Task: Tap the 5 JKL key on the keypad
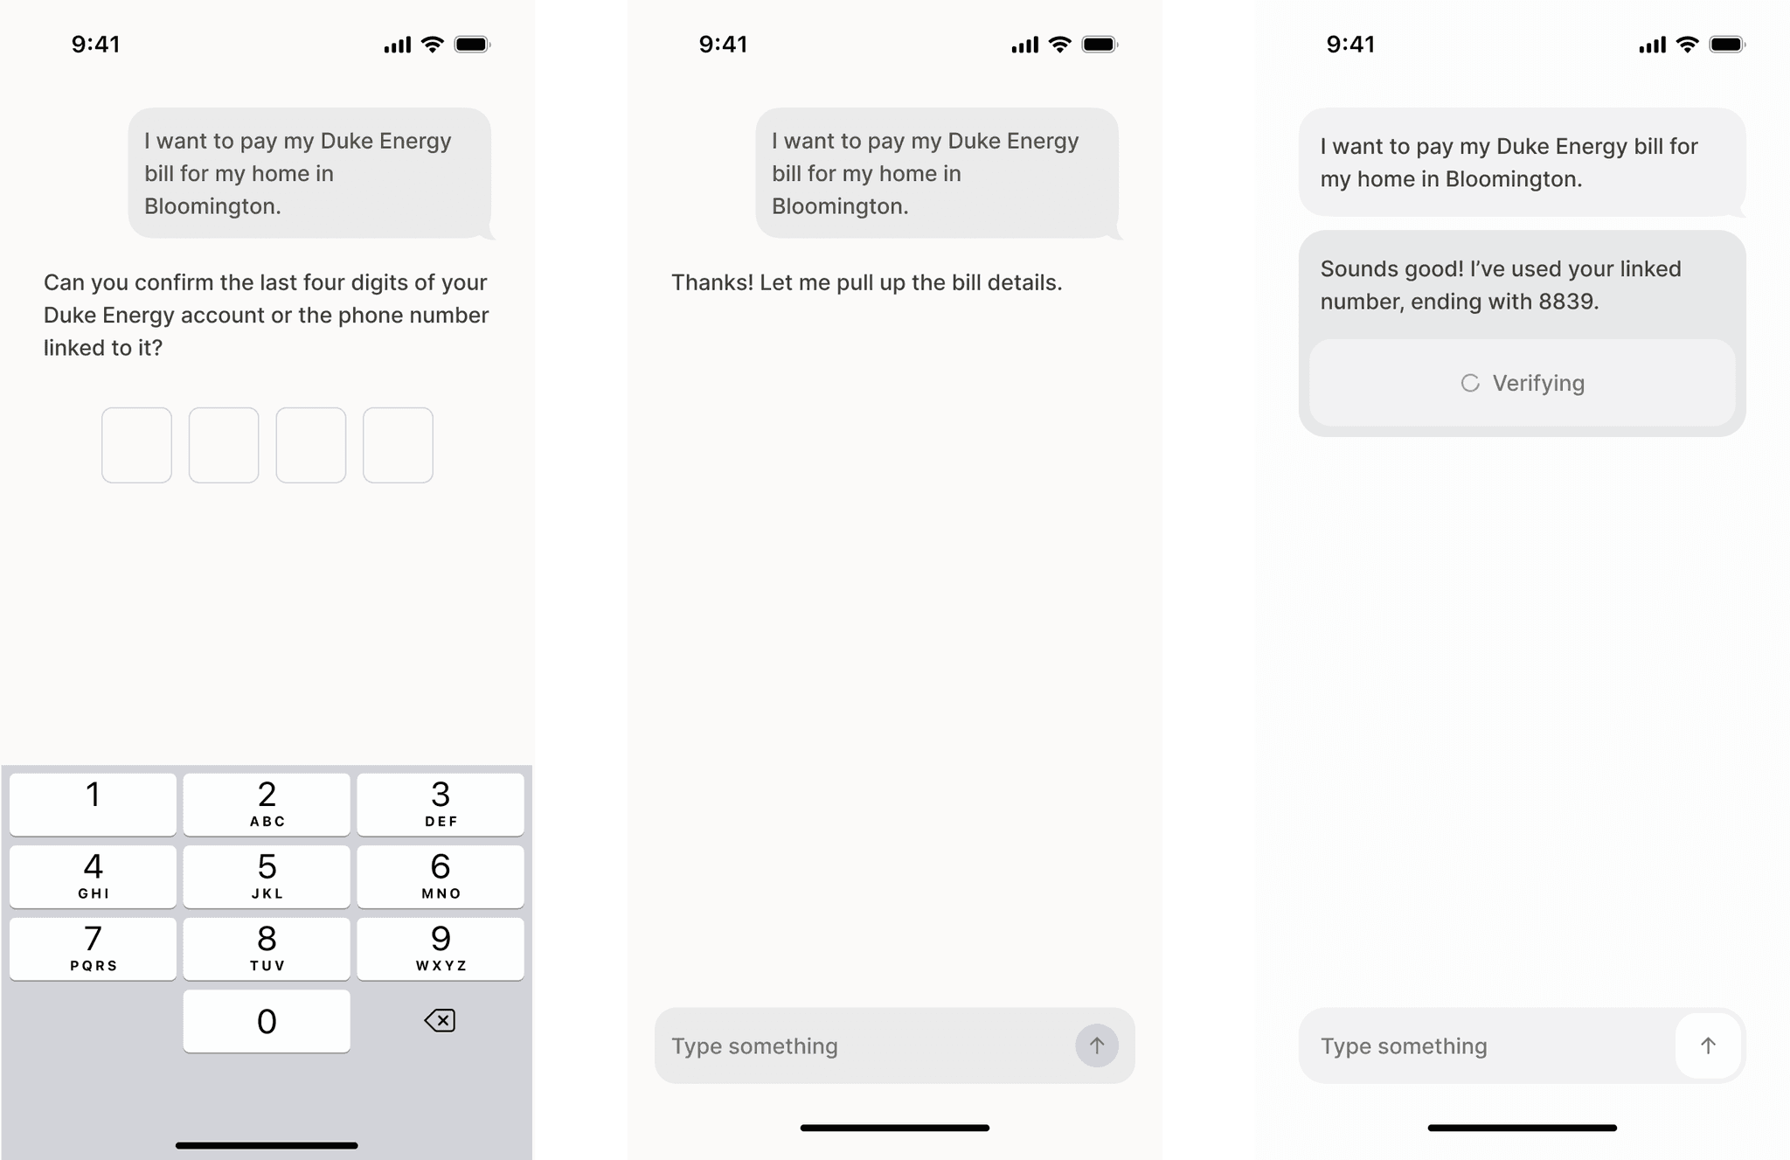[x=267, y=876]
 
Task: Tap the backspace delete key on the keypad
[x=440, y=1020]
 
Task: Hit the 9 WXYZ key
[x=441, y=948]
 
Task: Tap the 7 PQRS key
[x=93, y=948]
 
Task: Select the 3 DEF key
[x=441, y=804]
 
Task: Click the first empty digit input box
[x=136, y=445]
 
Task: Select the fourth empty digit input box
[x=398, y=445]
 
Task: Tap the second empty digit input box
[x=224, y=445]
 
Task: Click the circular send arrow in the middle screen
[x=1097, y=1045]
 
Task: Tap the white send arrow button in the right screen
[x=1708, y=1045]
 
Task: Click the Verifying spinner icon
[x=1470, y=383]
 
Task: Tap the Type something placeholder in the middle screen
[x=754, y=1046]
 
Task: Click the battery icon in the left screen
[x=473, y=45]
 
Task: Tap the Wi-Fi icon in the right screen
[x=1688, y=45]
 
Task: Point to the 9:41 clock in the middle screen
[x=723, y=45]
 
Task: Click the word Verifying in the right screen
[x=1538, y=384]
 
